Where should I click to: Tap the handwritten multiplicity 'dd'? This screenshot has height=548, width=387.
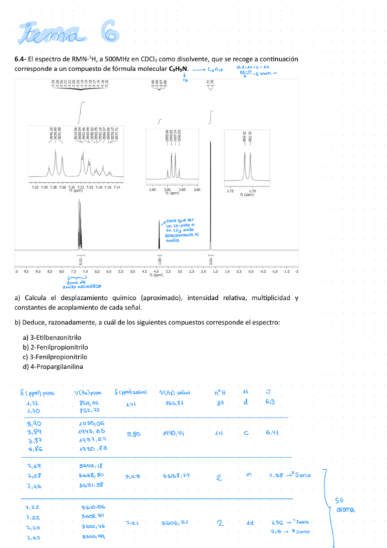248,522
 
